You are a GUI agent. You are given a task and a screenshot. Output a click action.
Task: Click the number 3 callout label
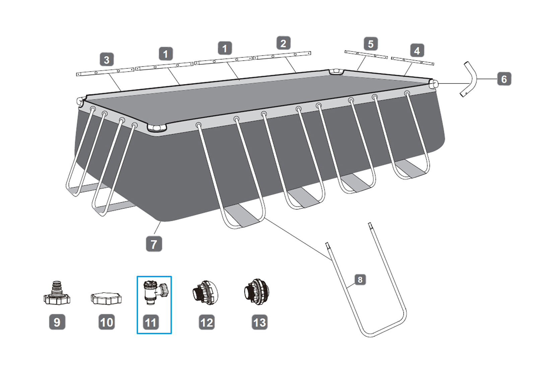107,60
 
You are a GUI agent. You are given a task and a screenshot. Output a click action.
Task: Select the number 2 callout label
283,43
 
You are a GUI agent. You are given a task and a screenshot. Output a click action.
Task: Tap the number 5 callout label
371,44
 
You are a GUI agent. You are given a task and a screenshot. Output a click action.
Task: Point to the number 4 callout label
417,51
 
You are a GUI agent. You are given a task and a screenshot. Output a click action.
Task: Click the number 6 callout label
504,79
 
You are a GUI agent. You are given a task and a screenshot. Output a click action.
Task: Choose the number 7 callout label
154,244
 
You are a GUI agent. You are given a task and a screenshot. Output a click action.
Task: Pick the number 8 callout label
360,279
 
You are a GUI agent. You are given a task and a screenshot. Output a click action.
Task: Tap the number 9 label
57,322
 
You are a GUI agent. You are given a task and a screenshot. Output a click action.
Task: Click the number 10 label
107,322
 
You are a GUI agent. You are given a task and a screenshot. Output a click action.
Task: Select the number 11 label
151,322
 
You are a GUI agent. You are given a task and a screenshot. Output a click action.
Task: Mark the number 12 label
207,322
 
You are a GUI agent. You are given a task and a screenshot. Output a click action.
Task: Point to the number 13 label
260,322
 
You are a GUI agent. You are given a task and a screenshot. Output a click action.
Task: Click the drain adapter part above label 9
57,294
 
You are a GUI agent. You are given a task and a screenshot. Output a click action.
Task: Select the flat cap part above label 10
106,298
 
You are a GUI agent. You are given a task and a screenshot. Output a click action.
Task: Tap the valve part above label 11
155,293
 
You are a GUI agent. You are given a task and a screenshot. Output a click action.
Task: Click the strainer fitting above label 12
205,293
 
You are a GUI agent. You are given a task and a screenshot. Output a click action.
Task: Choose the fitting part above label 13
257,292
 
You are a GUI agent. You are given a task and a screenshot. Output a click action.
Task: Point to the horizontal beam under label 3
105,72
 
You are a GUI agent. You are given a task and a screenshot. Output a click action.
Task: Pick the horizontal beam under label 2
282,55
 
